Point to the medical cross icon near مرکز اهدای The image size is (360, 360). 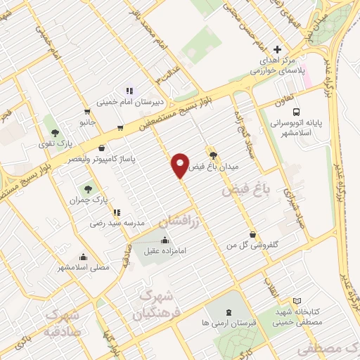click(278, 50)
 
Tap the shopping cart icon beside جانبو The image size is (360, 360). click(86, 111)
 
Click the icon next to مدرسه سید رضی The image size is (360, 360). click(117, 212)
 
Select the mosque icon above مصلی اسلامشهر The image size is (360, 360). click(84, 257)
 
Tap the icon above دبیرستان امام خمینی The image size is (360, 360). click(129, 91)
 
